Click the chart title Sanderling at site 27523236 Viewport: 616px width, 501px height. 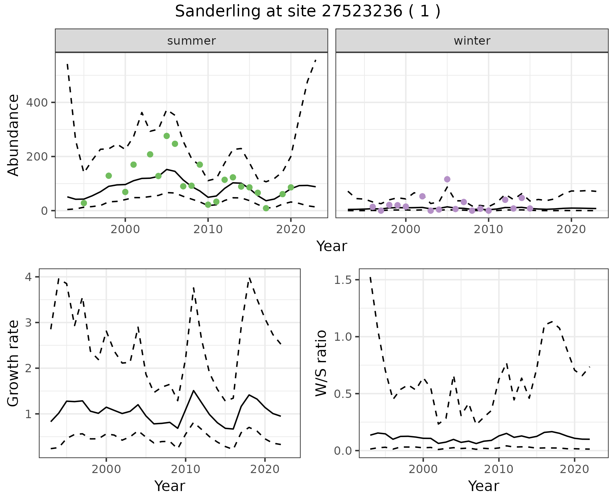[307, 12]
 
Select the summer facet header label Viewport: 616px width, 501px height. [191, 41]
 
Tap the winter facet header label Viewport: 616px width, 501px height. [472, 41]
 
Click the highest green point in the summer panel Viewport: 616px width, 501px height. [167, 136]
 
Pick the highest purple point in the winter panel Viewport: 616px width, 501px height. [447, 179]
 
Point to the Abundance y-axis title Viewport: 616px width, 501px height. [13, 135]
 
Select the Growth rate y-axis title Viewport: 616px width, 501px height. [13, 363]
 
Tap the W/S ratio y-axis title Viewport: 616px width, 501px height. [321, 363]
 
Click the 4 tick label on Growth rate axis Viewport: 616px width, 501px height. [28, 277]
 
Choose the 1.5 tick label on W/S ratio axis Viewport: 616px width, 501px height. [343, 280]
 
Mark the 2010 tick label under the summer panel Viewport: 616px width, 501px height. [208, 229]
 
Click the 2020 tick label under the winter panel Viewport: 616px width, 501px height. [571, 229]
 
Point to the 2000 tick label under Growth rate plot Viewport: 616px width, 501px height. [106, 469]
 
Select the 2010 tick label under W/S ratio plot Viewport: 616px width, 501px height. [499, 469]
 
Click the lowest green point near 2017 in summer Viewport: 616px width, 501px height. [266, 208]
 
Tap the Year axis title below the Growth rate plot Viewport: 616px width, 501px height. [170, 486]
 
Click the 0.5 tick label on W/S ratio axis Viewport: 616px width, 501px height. [343, 394]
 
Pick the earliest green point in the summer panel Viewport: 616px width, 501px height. [84, 203]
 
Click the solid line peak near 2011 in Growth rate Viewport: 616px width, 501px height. [193, 391]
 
